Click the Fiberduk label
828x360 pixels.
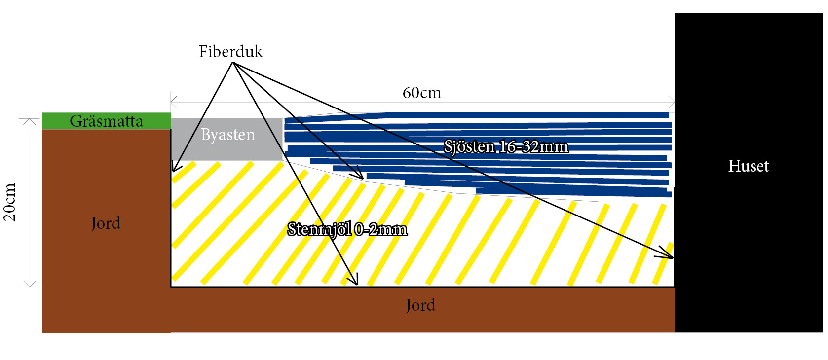230,52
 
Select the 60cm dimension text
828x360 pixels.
422,93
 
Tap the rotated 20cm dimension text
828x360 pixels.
10,202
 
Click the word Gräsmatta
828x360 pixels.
106,121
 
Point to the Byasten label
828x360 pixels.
228,135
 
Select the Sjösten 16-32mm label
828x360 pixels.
506,146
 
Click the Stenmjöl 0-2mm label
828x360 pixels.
347,229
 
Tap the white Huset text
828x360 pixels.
748,166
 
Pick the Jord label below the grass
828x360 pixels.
106,223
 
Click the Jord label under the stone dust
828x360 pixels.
420,305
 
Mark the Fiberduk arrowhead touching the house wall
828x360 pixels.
672,257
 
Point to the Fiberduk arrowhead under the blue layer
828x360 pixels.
362,178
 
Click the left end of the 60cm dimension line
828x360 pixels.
171,103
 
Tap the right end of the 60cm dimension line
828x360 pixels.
674,103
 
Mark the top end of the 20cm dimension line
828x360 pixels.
30,119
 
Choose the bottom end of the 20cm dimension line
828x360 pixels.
30,286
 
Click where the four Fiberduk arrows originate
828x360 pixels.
233,63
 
